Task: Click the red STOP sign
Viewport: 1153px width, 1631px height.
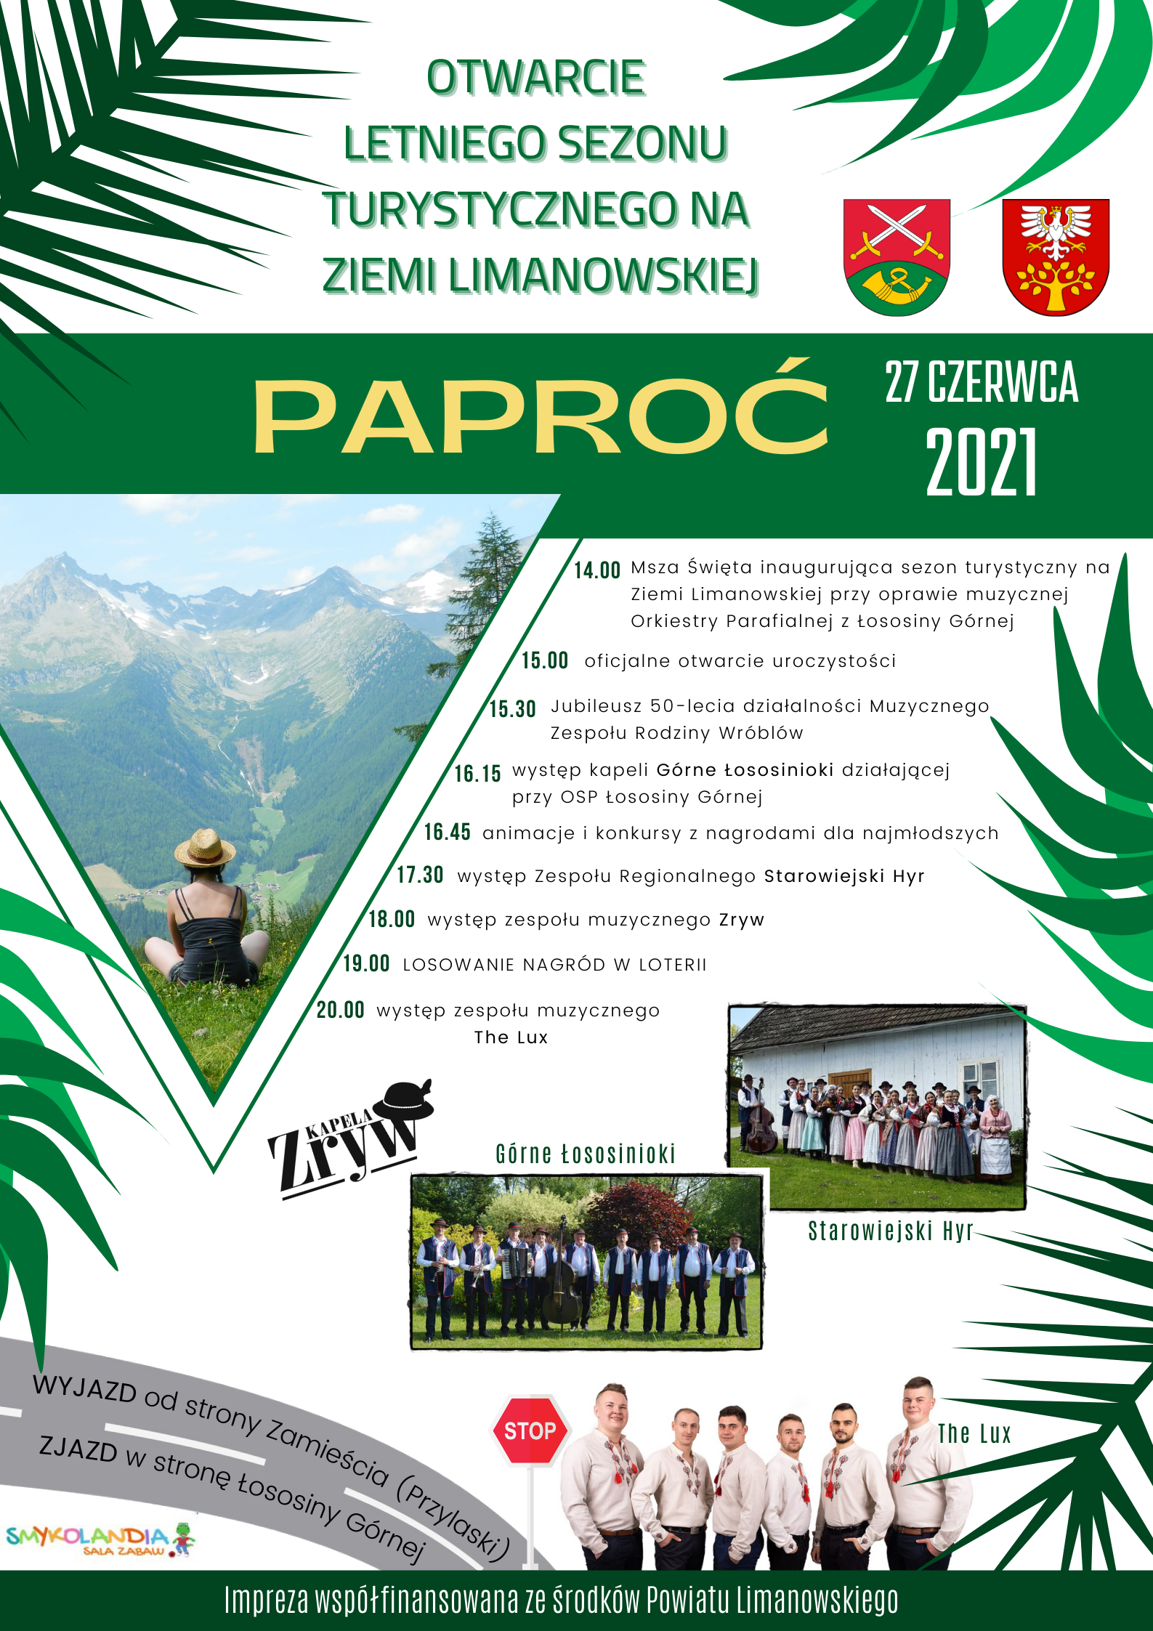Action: [530, 1430]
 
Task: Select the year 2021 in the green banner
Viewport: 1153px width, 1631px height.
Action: [982, 461]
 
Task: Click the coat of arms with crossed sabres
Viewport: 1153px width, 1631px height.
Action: [897, 256]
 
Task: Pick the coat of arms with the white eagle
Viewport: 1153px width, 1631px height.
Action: [1056, 256]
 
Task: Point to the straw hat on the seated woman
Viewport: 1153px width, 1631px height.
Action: [205, 848]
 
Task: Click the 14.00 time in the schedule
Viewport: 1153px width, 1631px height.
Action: [597, 570]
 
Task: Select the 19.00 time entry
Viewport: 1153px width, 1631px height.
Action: [367, 964]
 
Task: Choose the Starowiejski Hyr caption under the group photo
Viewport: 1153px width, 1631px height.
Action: [890, 1231]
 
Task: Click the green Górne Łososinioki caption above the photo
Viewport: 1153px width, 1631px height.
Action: [586, 1154]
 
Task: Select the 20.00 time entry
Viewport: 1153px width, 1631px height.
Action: [341, 1010]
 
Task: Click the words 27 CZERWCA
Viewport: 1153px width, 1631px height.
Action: [982, 382]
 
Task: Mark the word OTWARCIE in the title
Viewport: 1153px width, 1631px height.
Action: [536, 78]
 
